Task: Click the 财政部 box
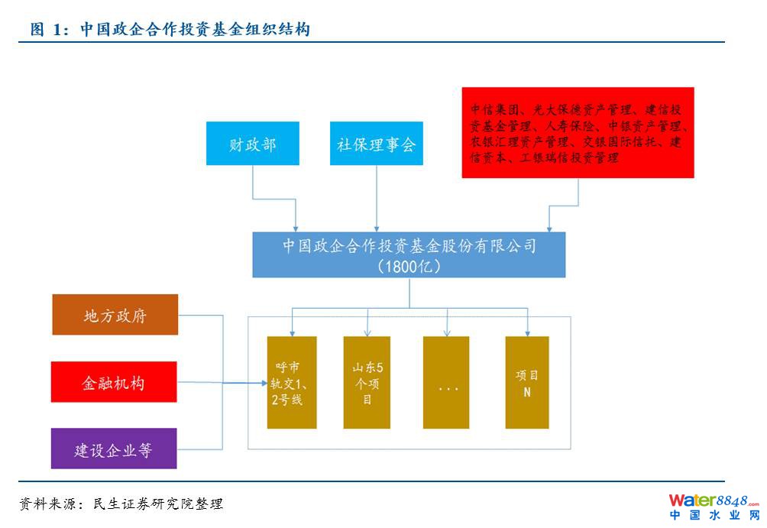[252, 143]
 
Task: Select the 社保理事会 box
[376, 143]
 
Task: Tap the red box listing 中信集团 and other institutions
[578, 133]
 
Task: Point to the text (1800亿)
[409, 267]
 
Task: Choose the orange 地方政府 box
[115, 315]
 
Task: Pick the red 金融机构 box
[114, 382]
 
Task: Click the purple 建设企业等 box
[114, 449]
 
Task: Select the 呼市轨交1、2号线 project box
[291, 382]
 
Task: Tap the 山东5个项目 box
[367, 382]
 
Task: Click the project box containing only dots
[446, 382]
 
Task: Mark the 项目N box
[526, 382]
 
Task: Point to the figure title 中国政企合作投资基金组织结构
[194, 30]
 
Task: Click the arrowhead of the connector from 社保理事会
[376, 228]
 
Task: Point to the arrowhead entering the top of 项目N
[526, 332]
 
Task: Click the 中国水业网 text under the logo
[714, 516]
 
